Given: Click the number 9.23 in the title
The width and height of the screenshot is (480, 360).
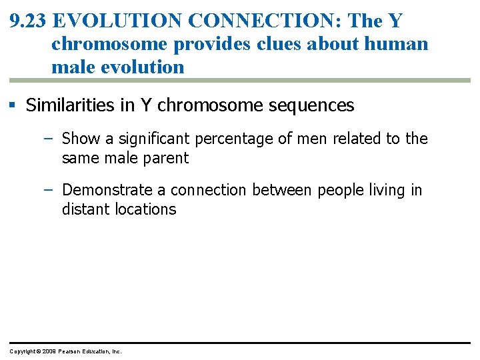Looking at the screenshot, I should pos(28,21).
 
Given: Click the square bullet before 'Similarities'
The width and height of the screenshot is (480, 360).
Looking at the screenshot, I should pos(15,105).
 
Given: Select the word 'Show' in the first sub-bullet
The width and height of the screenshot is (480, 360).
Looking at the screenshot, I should pos(79,139).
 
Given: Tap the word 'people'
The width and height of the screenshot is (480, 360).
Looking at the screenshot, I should pos(339,190).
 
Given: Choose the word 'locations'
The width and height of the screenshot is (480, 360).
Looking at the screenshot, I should pos(145,209).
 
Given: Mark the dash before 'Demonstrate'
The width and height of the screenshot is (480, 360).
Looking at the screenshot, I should pos(50,190).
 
